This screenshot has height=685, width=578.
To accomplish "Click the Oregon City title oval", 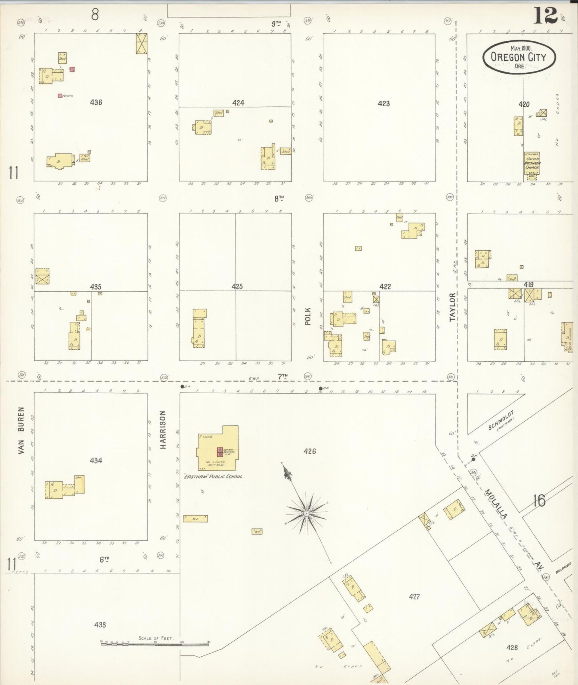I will [519, 57].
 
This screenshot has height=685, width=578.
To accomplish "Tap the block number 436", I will [96, 102].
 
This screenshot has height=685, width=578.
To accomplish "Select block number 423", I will [384, 104].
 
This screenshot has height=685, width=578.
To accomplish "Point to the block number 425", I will [237, 287].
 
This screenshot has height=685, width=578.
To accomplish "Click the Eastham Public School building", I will [217, 448].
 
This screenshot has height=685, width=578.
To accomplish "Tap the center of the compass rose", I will [306, 513].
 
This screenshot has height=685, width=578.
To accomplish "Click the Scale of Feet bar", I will [156, 643].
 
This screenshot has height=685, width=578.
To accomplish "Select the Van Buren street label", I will [21, 430].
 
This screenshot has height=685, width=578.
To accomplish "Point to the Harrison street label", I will [163, 430].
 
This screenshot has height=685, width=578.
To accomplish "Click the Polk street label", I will [308, 316].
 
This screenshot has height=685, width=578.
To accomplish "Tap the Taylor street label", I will [452, 307].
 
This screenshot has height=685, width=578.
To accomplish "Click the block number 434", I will [96, 460].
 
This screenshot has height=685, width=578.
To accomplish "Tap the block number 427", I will [414, 597].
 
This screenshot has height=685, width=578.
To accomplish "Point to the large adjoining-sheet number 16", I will [539, 500].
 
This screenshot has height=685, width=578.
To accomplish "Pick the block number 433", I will [100, 625].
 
